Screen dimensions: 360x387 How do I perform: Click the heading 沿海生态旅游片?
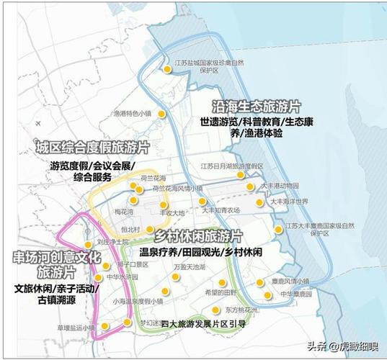[x=256, y=105]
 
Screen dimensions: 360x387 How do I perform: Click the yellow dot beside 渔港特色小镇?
[x=163, y=114]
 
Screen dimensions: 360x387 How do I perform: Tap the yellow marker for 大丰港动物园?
[x=249, y=186]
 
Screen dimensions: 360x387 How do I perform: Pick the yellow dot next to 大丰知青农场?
[x=203, y=202]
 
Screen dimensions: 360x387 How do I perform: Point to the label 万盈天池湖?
[x=189, y=266]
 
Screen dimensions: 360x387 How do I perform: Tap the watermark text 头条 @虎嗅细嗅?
[x=344, y=346]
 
